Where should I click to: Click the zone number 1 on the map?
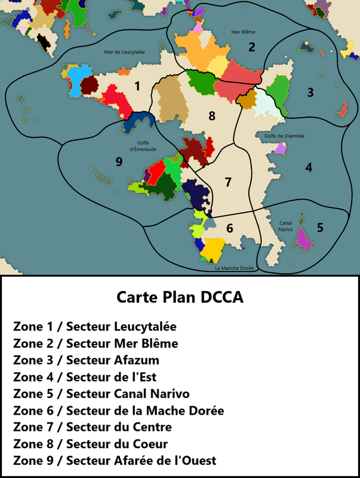click(137, 86)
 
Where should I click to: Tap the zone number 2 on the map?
click(252, 47)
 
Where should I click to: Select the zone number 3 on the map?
click(310, 92)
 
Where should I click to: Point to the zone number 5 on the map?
click(320, 227)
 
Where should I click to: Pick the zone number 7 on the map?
click(227, 182)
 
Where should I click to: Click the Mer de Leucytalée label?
click(124, 52)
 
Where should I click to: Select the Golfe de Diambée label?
click(284, 136)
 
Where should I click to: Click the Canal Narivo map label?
click(285, 226)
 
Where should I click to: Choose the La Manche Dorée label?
click(233, 268)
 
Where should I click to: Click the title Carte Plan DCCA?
click(180, 298)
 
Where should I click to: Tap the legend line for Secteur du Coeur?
click(90, 444)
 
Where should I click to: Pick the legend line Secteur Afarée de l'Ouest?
click(114, 461)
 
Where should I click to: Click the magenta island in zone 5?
click(304, 238)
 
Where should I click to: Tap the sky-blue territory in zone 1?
click(76, 81)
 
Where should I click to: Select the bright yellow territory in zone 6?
click(213, 247)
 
